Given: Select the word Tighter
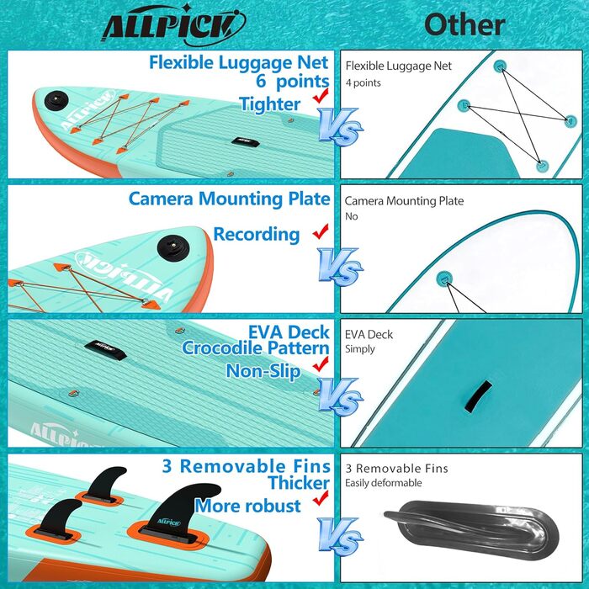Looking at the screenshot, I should (269, 104).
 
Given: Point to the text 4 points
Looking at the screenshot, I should (363, 83).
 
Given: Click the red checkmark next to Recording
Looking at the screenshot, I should (320, 232).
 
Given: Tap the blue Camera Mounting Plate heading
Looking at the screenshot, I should (229, 199).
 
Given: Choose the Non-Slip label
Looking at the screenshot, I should (263, 370).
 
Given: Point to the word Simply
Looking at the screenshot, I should (360, 349).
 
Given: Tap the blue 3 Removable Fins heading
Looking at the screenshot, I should (246, 464).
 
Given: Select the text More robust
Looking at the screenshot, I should (248, 506).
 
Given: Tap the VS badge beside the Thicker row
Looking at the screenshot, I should (341, 537).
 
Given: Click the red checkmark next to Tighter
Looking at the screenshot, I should (320, 99).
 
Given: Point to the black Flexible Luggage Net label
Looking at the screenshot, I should (398, 66).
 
